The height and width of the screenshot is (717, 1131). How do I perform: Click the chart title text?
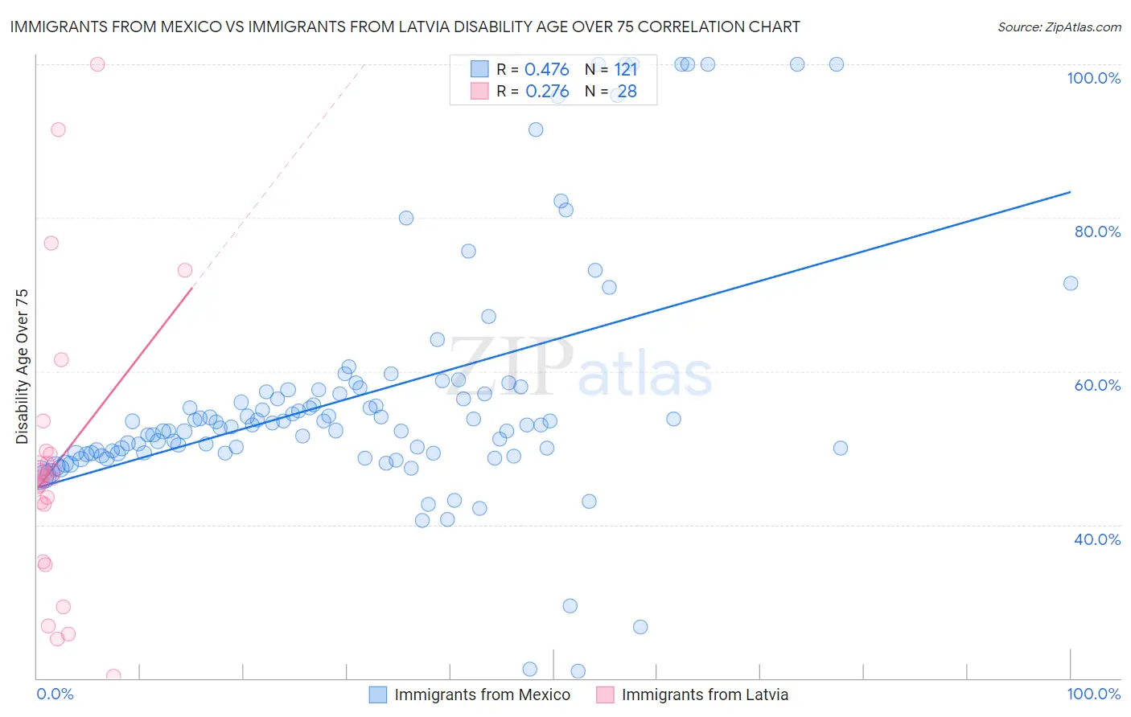(x=405, y=27)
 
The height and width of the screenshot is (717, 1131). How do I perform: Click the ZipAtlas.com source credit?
(x=1059, y=27)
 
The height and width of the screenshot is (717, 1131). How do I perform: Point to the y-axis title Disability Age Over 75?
(x=22, y=367)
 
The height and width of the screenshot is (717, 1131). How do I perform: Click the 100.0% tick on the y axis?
(x=1093, y=78)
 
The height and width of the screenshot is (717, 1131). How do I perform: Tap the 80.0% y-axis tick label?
(x=1097, y=231)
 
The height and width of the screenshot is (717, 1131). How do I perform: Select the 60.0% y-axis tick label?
(x=1097, y=385)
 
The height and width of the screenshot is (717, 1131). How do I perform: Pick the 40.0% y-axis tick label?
(x=1097, y=539)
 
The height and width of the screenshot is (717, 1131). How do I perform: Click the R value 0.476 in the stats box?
(x=547, y=70)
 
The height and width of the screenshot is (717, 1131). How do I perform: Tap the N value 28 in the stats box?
(x=627, y=92)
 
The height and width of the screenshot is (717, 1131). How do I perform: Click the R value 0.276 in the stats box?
(x=547, y=92)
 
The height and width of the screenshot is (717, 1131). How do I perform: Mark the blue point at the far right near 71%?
(x=1071, y=283)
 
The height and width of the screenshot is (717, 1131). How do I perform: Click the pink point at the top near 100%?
(x=97, y=64)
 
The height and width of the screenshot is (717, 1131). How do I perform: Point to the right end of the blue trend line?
(x=1070, y=192)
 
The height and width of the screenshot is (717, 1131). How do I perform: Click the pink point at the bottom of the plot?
(x=113, y=676)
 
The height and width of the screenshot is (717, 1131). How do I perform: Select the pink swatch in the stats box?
(x=479, y=91)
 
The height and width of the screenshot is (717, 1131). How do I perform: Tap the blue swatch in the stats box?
(x=479, y=69)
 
